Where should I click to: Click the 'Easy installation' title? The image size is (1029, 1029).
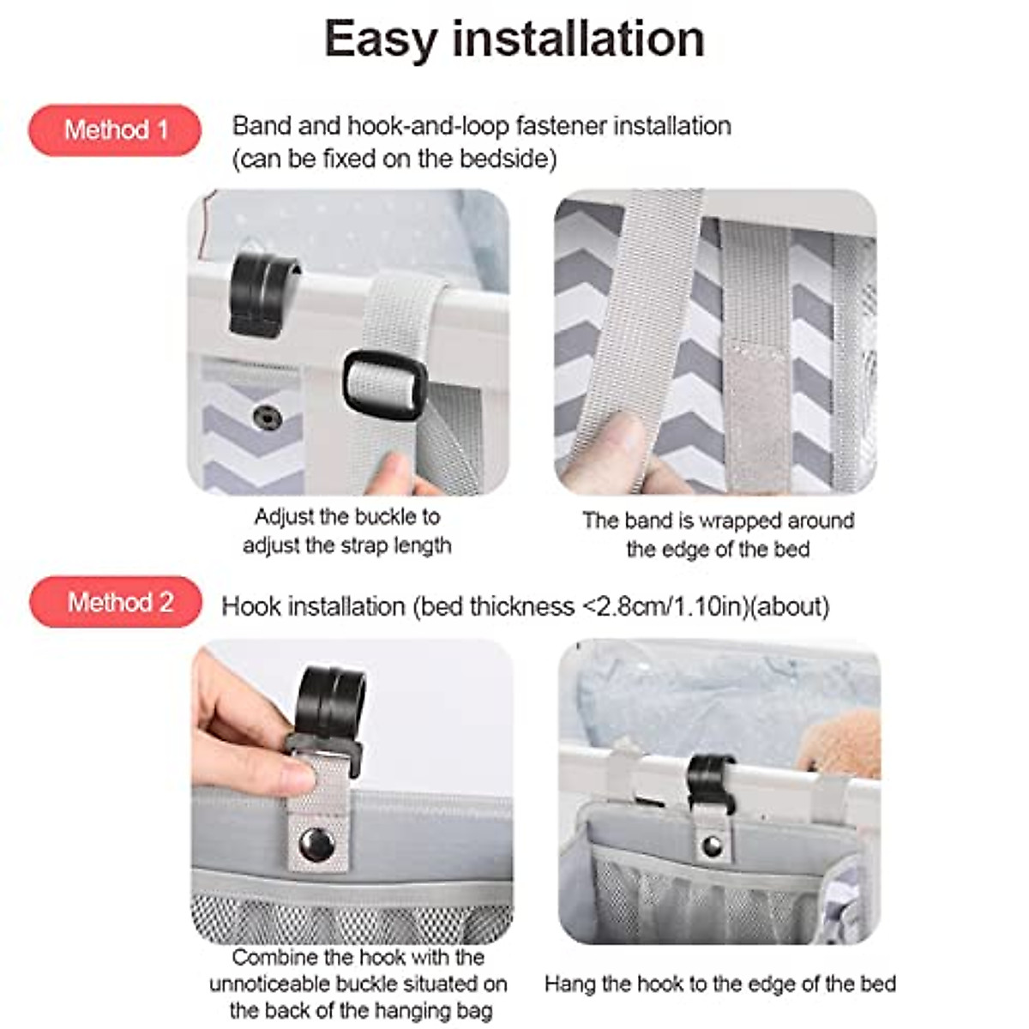[x=514, y=39]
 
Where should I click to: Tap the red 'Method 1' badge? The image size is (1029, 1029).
[x=115, y=130]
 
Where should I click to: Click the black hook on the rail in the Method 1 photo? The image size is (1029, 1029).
[x=260, y=293]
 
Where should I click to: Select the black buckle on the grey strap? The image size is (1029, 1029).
[x=385, y=384]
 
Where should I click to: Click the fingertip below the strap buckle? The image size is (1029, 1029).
[x=396, y=473]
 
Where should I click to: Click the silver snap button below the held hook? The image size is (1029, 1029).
[x=316, y=844]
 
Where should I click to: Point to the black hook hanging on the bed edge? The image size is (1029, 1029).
[x=711, y=782]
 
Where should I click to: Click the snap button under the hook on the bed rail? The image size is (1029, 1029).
[x=712, y=846]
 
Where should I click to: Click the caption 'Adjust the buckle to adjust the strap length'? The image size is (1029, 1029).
[x=347, y=531]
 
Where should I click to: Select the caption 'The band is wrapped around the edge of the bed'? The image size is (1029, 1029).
[x=718, y=534]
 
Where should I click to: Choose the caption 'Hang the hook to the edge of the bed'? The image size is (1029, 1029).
[x=719, y=984]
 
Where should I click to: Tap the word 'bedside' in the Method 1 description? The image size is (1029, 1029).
[x=505, y=159]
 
